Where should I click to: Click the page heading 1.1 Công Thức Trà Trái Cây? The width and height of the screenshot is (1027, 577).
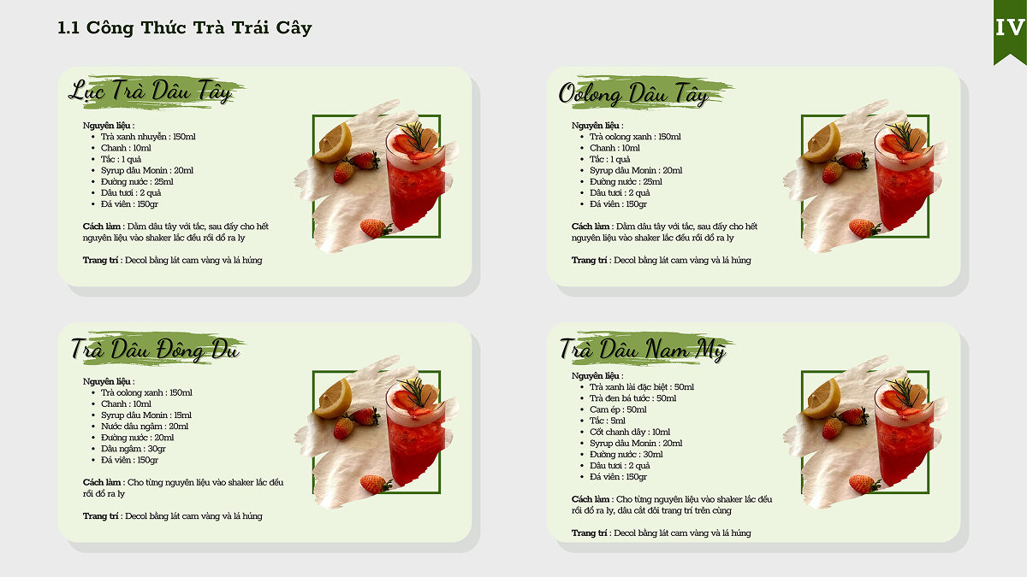pos(184,28)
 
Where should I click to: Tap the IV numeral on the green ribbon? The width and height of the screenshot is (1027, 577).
pos(1010,27)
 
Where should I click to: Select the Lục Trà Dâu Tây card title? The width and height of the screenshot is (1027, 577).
pos(151,91)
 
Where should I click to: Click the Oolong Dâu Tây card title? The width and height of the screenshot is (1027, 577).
pos(633,93)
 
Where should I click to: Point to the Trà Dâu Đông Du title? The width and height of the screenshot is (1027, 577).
pos(155,349)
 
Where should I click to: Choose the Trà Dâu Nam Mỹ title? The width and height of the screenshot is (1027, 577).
pos(642,349)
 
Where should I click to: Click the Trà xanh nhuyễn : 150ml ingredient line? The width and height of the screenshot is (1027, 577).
pos(148,137)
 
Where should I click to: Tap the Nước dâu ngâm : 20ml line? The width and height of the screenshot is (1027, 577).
pos(145,427)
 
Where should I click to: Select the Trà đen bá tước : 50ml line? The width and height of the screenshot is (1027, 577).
pos(632,398)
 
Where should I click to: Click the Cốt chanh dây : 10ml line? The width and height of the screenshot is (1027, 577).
pos(630,432)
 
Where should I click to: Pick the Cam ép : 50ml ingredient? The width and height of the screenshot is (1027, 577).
pos(618,409)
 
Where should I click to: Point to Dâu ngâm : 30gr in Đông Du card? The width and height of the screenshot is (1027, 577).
pos(134,449)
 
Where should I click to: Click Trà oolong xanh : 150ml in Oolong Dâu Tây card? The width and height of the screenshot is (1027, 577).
pos(635,137)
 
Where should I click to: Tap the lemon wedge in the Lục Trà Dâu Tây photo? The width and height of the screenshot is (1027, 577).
pos(334,143)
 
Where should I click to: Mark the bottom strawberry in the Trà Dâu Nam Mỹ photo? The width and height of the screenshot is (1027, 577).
pos(864,484)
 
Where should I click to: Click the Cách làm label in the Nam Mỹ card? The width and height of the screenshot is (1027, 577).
pos(591,499)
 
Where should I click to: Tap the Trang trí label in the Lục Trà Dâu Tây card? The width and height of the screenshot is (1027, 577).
pos(100,260)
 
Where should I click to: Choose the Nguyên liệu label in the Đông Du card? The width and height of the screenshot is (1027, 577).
pos(107,381)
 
